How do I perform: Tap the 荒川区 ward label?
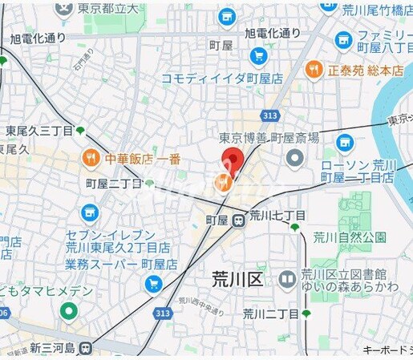(237, 279)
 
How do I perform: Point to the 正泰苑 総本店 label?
(365, 70)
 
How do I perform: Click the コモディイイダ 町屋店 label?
(222, 79)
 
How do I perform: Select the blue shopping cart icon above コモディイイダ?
(258, 56)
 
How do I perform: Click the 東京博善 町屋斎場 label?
(269, 137)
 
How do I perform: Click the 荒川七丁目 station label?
(277, 216)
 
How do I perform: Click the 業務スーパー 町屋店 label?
(110, 264)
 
